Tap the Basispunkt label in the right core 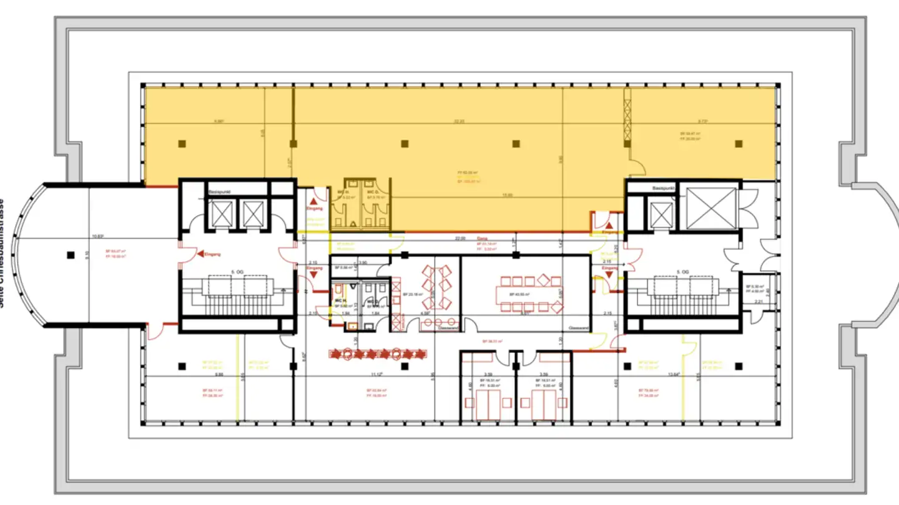point(665,187)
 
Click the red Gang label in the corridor point(482,238)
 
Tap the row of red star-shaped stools point(378,354)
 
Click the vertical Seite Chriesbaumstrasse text point(4,252)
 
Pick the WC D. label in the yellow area point(371,191)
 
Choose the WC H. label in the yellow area point(343,191)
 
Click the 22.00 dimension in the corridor point(460,238)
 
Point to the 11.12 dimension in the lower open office point(375,374)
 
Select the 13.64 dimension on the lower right point(673,374)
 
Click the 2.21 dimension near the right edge point(759,302)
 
